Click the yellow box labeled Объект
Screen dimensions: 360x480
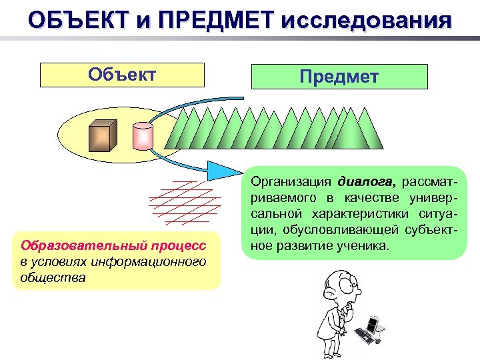click(x=122, y=75)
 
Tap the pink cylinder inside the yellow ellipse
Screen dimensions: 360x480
click(x=143, y=136)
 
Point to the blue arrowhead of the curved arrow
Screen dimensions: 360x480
click(x=221, y=171)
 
